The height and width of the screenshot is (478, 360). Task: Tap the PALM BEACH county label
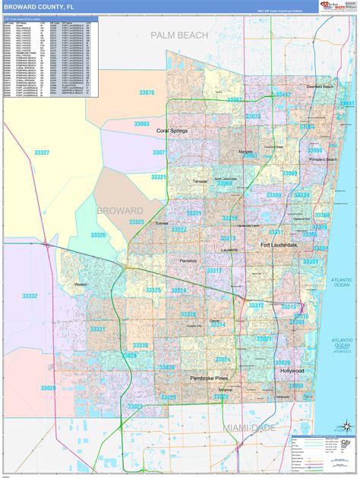coord(179,35)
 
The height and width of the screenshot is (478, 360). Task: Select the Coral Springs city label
coord(172,131)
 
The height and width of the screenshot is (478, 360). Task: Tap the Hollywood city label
coord(291,371)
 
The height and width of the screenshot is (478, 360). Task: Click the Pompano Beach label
coord(321,160)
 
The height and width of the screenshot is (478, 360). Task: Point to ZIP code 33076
coord(147,93)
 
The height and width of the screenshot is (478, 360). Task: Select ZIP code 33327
coord(42,153)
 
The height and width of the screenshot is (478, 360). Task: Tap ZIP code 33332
coord(30,296)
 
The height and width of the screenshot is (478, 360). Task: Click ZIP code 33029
coord(48,388)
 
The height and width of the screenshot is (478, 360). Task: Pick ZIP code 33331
coord(98,329)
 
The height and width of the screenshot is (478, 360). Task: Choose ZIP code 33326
coord(99,235)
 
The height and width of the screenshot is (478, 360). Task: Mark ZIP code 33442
coord(283,94)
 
